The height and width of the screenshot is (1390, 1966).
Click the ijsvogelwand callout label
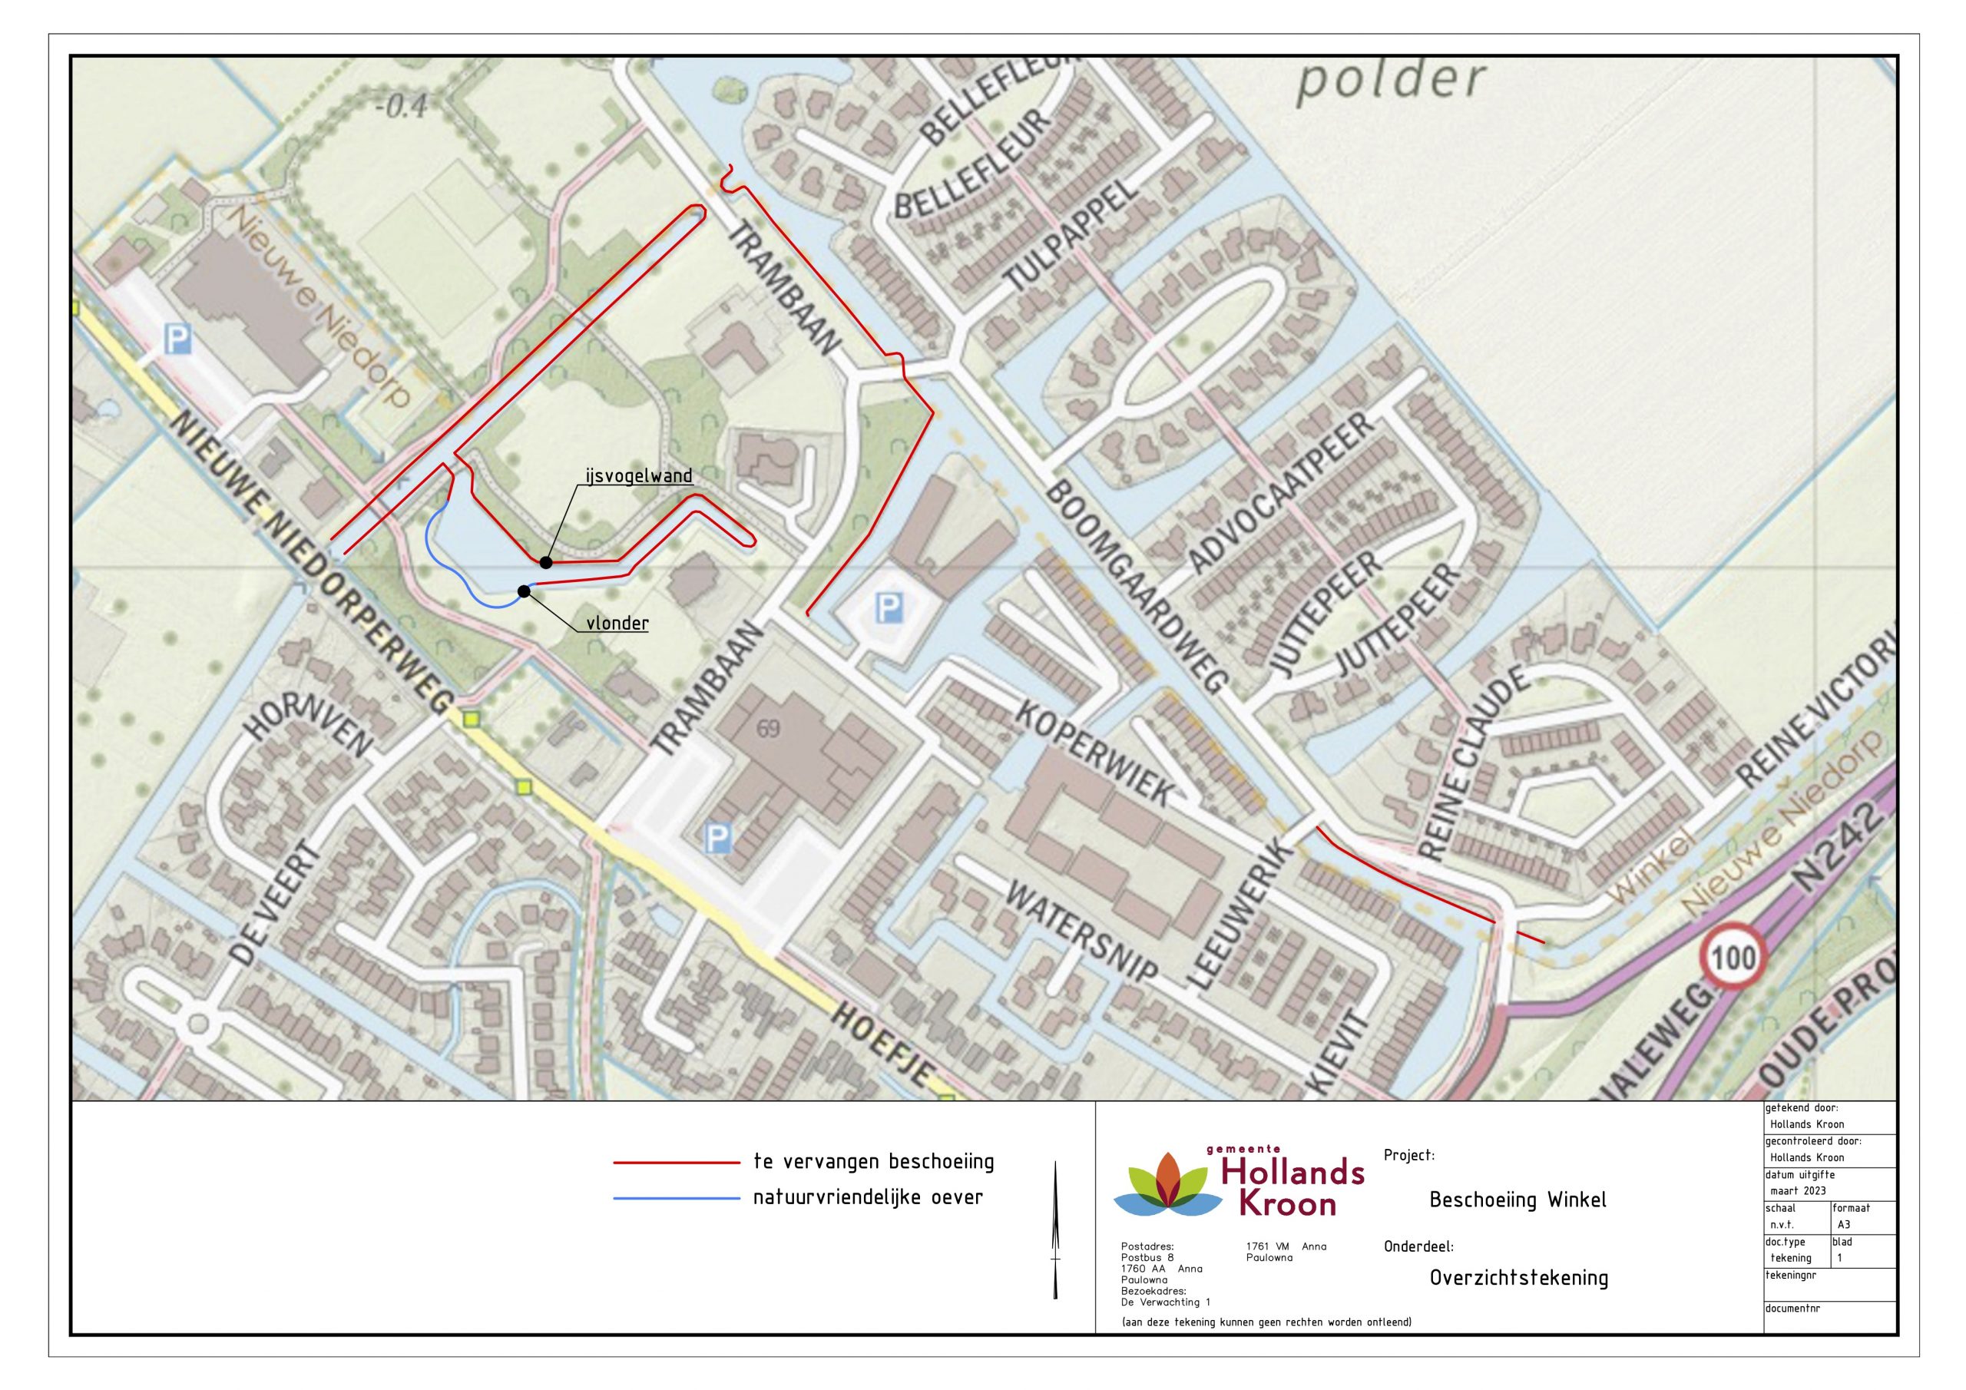tap(639, 476)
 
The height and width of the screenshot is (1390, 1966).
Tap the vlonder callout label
tap(617, 624)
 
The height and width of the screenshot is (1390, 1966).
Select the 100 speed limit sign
tap(1735, 957)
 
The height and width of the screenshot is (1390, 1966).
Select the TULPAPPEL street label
tap(1071, 237)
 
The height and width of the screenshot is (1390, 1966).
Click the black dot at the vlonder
tap(523, 591)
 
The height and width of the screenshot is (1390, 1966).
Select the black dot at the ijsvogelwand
tap(544, 562)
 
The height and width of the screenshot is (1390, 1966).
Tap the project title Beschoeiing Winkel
tap(1518, 1200)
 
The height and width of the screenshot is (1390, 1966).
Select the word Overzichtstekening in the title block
tap(1518, 1279)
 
